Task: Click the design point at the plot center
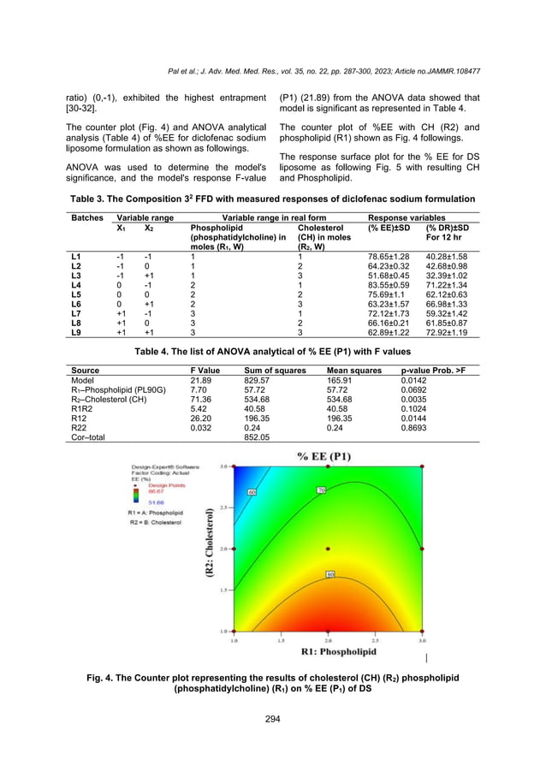tap(328, 549)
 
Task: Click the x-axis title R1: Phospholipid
tap(328, 651)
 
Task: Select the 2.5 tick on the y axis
tap(223, 508)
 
